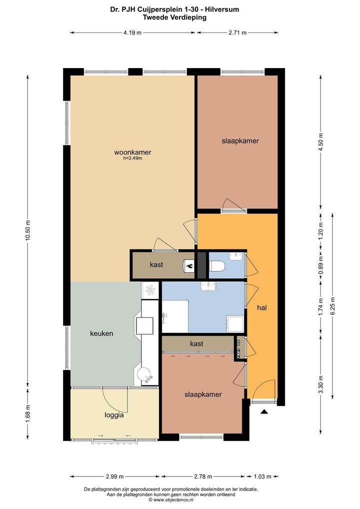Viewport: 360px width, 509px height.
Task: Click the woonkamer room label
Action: (x=132, y=152)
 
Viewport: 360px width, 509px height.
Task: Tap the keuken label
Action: (x=101, y=333)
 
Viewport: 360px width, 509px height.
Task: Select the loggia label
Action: (x=114, y=415)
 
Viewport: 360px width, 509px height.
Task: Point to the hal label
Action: (x=261, y=307)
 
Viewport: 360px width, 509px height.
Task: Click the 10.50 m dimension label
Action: (x=28, y=230)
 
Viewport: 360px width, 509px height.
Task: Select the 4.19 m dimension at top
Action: (x=132, y=32)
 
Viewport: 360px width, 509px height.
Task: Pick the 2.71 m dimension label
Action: (x=237, y=32)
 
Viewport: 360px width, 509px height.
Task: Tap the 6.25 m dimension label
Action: (x=332, y=306)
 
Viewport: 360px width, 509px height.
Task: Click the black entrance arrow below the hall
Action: (x=264, y=412)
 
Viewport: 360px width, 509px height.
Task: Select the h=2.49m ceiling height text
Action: (x=132, y=158)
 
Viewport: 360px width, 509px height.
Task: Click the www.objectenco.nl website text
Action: (x=170, y=499)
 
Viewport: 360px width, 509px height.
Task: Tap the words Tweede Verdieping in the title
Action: (x=174, y=17)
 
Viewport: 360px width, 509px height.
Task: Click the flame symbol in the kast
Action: (x=189, y=266)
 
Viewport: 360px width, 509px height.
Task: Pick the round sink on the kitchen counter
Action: (x=144, y=374)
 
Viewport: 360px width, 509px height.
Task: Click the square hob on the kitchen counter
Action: (x=144, y=325)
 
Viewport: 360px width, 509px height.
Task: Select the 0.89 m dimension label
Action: (x=320, y=265)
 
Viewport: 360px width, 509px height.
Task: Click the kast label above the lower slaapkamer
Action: (x=196, y=343)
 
